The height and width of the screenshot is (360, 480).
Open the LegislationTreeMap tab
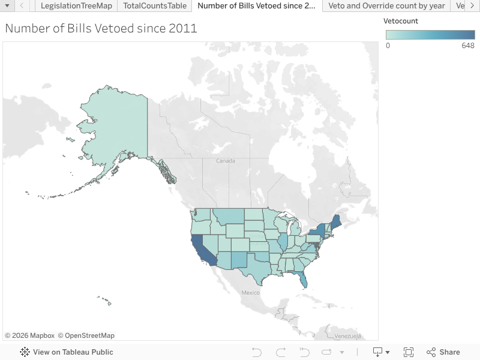[76, 6]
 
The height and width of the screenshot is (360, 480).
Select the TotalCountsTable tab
[155, 6]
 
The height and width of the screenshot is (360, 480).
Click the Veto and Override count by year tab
[387, 6]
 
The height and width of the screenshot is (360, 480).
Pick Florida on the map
[303, 278]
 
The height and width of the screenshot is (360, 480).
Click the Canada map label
[226, 161]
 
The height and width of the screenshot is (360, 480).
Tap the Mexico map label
[250, 293]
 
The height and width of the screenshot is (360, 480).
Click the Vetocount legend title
[401, 21]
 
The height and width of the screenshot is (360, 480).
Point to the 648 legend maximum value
[468, 46]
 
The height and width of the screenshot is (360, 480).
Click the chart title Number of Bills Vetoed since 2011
[101, 28]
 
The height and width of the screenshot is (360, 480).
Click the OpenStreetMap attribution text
[89, 335]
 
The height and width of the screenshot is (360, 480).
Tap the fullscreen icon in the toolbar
[409, 352]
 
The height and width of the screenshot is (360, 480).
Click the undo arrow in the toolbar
[256, 352]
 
